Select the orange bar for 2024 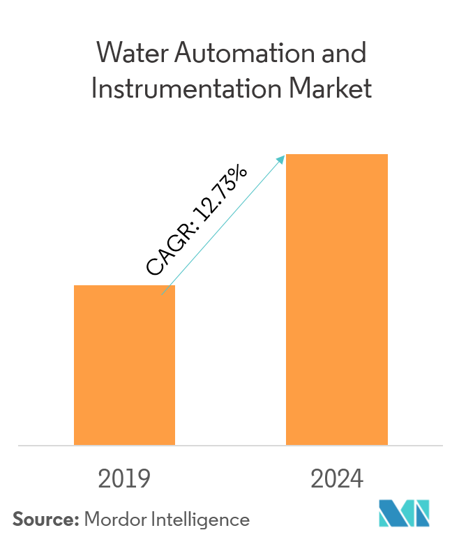[x=336, y=299]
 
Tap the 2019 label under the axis [x=124, y=480]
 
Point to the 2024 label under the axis [x=337, y=480]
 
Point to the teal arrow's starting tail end [x=163, y=294]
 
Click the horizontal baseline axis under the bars [x=230, y=445]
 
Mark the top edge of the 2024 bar [x=336, y=155]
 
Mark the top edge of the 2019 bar [x=124, y=286]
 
